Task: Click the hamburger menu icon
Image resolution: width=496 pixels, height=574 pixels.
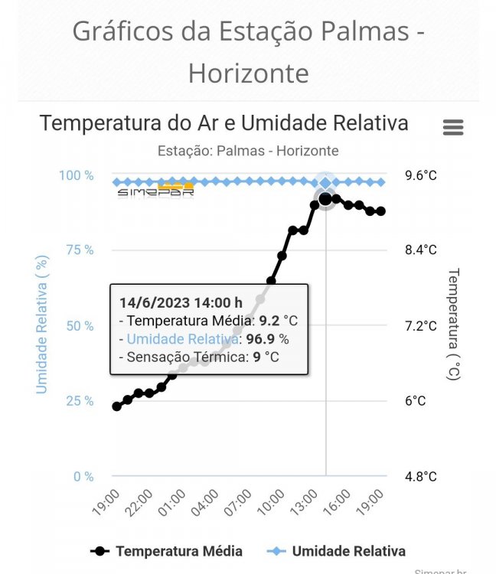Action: (453, 127)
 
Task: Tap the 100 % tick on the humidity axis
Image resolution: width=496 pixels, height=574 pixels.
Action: (77, 175)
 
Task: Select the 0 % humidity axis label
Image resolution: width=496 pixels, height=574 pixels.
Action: (82, 477)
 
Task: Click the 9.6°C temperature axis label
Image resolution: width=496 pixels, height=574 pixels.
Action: (421, 175)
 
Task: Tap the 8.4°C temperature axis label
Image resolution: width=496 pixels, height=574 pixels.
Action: (421, 250)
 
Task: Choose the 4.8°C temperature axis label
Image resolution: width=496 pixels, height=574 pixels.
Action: (421, 477)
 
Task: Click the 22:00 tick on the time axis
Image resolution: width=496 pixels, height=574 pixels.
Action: (139, 506)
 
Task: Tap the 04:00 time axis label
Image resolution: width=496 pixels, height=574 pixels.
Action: (206, 506)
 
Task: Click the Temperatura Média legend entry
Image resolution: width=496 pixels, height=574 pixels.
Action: (167, 551)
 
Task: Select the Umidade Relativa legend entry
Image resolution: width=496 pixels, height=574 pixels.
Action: (337, 551)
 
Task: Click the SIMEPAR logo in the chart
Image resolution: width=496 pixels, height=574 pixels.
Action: (155, 191)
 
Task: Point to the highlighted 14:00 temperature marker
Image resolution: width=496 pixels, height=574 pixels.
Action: (326, 199)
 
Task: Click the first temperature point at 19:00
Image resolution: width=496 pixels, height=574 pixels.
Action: (117, 406)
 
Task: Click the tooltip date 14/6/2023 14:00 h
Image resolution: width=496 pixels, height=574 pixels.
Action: (181, 302)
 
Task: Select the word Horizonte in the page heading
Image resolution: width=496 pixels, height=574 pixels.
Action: (248, 73)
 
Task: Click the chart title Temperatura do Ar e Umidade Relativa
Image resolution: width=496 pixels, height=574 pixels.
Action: (224, 123)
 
